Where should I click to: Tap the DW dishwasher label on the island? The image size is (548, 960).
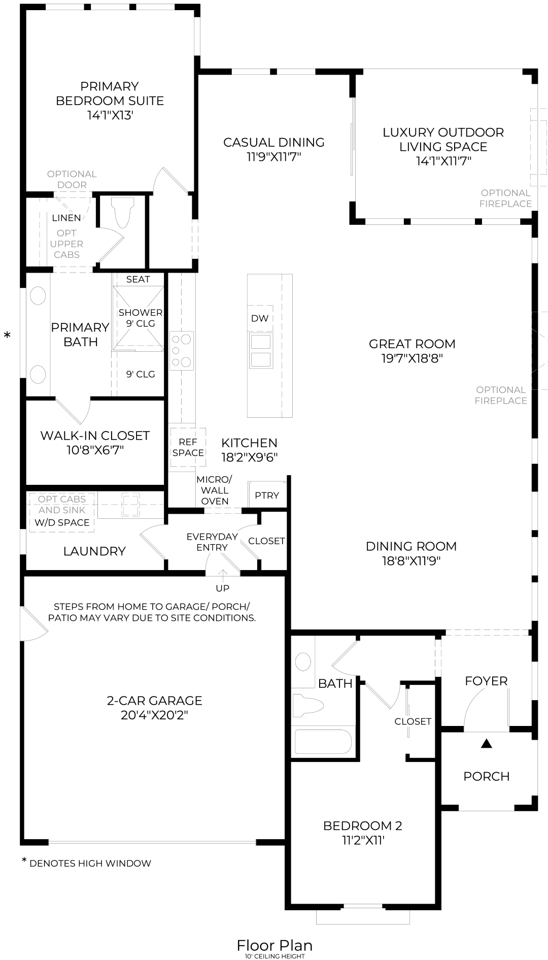click(260, 318)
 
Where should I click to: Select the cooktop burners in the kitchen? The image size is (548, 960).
click(181, 350)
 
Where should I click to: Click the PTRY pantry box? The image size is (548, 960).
click(267, 495)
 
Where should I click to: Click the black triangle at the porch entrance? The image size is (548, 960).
click(487, 744)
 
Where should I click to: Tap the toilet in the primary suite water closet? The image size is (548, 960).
click(123, 212)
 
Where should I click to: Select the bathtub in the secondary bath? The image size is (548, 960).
click(323, 742)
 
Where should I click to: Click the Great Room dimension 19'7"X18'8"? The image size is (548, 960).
click(412, 358)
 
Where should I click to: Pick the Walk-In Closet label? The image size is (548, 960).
click(95, 436)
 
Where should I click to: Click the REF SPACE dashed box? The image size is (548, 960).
click(188, 447)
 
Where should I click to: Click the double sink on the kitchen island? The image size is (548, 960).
click(261, 351)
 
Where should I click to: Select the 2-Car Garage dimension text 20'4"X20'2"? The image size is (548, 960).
click(154, 715)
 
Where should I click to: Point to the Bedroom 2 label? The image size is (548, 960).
click(362, 825)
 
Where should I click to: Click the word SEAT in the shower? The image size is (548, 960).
click(138, 279)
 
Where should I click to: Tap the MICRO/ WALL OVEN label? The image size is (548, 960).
click(215, 490)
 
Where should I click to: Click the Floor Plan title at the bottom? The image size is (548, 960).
click(275, 945)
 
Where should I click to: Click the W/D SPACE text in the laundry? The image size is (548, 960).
click(62, 522)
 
